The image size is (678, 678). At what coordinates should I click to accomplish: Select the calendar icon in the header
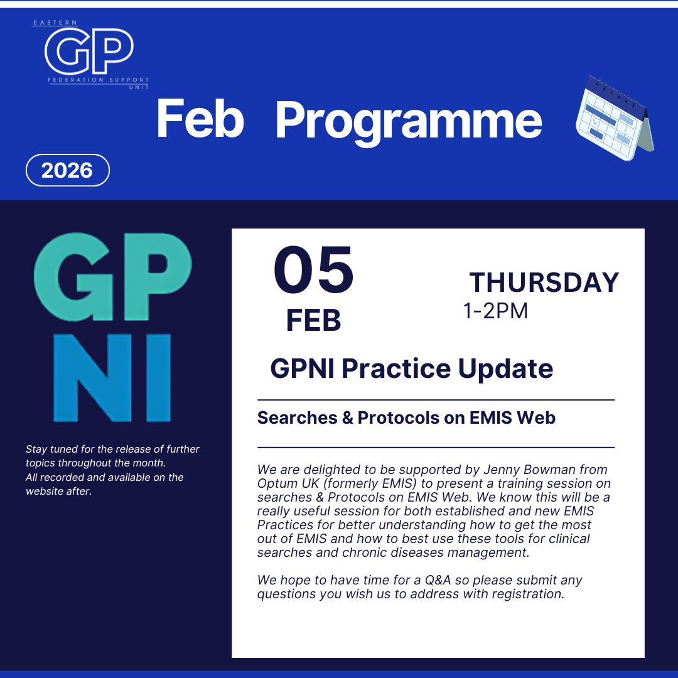click(614, 117)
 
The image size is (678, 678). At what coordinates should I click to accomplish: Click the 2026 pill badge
click(67, 170)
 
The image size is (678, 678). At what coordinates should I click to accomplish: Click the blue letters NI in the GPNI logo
click(112, 378)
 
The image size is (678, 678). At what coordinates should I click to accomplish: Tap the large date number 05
click(313, 272)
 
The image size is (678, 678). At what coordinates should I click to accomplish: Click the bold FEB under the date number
click(313, 321)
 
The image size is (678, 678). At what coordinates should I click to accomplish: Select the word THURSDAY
click(544, 282)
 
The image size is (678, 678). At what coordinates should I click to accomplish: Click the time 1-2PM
click(495, 311)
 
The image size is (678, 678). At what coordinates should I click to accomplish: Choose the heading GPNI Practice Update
click(411, 369)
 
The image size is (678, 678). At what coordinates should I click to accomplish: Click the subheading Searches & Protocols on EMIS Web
click(406, 417)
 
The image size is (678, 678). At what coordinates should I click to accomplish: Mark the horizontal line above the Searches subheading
click(436, 399)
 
